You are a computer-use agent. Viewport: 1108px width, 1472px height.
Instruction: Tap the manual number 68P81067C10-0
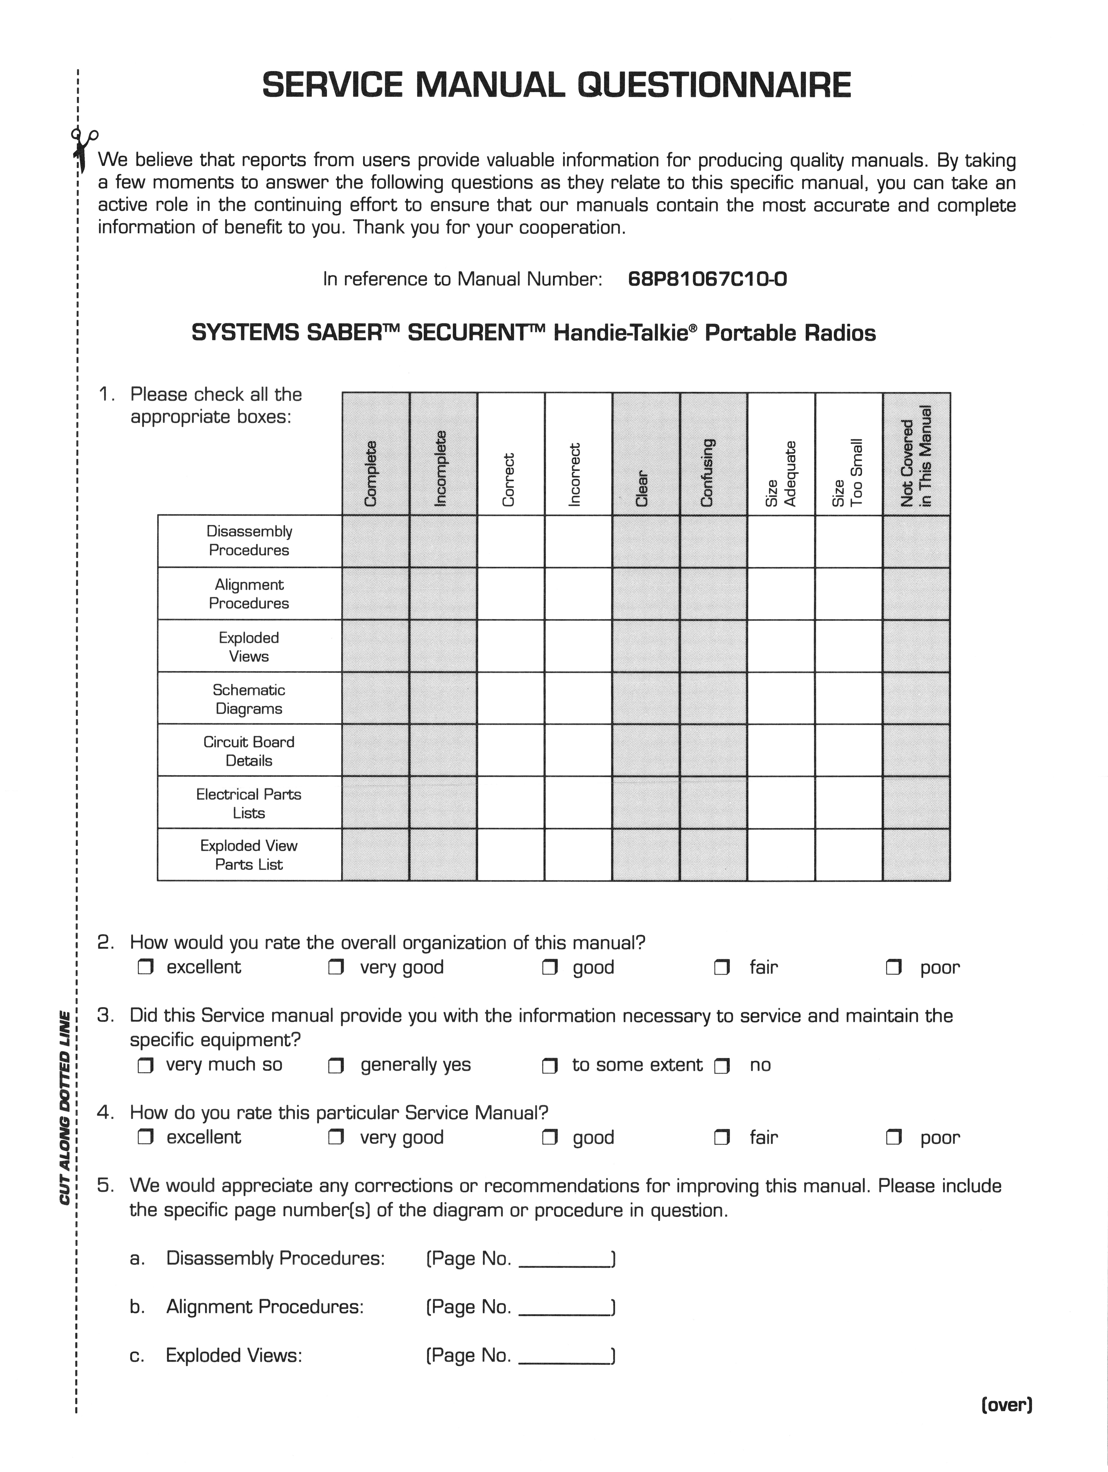707,279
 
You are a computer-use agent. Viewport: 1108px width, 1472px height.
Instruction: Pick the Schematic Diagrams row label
249,699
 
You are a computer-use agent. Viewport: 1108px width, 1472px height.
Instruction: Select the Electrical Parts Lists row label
249,803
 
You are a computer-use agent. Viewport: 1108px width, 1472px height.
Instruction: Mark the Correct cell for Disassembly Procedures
510,541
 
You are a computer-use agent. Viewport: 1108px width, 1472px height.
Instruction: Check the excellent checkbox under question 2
145,968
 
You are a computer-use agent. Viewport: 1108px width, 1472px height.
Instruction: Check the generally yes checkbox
336,1065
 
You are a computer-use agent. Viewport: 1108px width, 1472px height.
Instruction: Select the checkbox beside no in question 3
722,1065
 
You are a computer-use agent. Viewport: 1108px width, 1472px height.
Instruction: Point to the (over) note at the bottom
1006,1405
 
